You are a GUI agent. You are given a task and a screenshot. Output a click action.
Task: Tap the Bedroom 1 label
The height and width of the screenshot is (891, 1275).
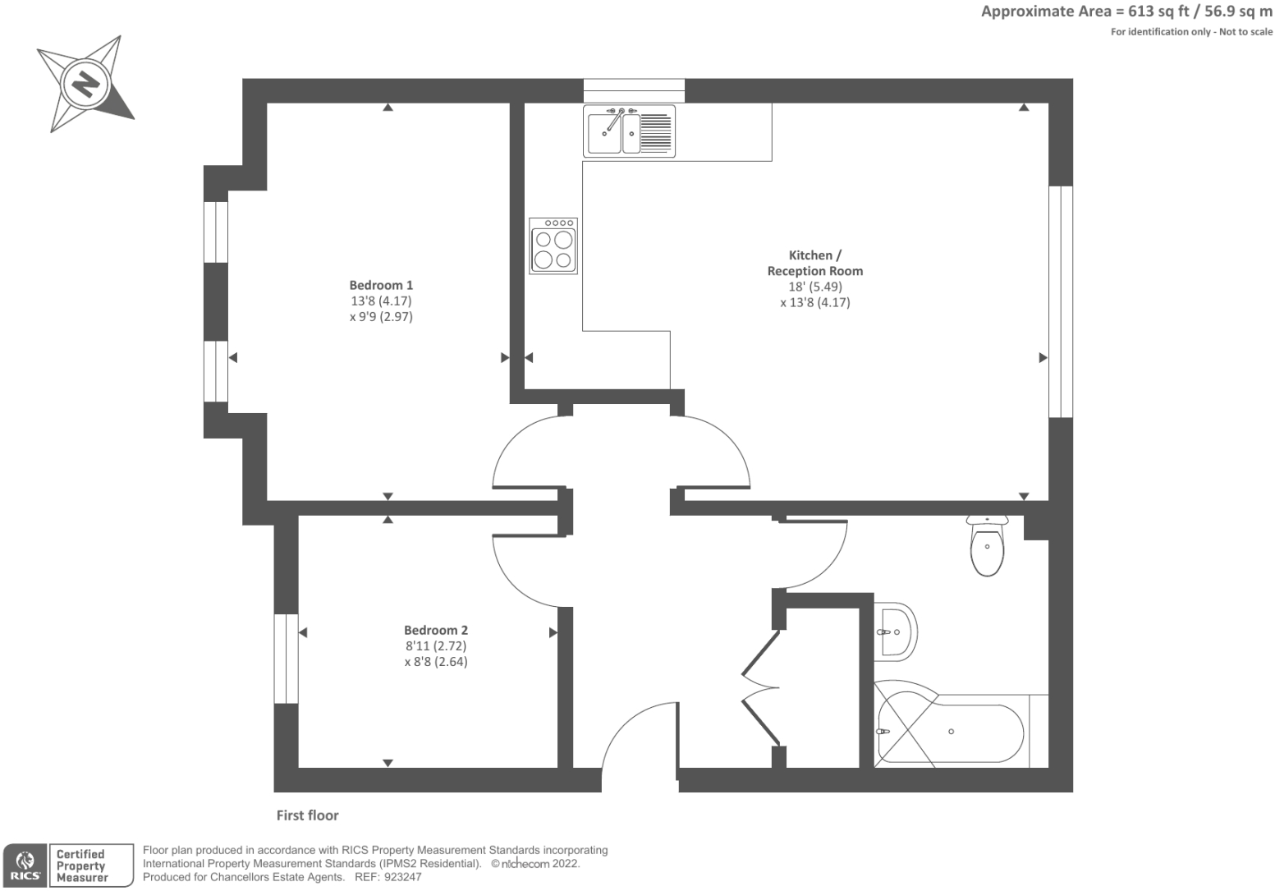point(381,285)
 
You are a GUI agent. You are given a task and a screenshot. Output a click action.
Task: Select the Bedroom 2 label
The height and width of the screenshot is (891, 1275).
point(436,630)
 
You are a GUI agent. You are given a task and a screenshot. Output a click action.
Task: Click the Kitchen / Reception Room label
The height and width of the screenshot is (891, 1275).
point(814,263)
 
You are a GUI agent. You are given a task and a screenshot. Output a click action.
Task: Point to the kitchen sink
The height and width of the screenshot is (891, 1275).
point(629,131)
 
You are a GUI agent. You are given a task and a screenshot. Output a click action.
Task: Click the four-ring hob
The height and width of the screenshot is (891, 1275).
point(553,246)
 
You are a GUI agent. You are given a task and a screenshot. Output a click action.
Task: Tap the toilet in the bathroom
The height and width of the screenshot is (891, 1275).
point(987,548)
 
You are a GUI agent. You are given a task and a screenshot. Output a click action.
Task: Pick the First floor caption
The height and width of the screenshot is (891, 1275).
point(307,815)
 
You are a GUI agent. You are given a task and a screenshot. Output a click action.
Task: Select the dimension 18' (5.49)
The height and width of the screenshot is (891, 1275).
point(815,287)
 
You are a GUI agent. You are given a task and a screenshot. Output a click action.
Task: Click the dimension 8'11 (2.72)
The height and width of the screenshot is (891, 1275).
point(436,646)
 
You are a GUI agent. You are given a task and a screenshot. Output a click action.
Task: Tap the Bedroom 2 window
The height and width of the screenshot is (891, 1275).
point(286,659)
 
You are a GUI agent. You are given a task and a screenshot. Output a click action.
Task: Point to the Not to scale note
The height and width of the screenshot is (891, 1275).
point(1246,32)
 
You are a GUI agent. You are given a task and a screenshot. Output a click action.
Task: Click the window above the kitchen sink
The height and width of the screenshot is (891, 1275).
point(634,90)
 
